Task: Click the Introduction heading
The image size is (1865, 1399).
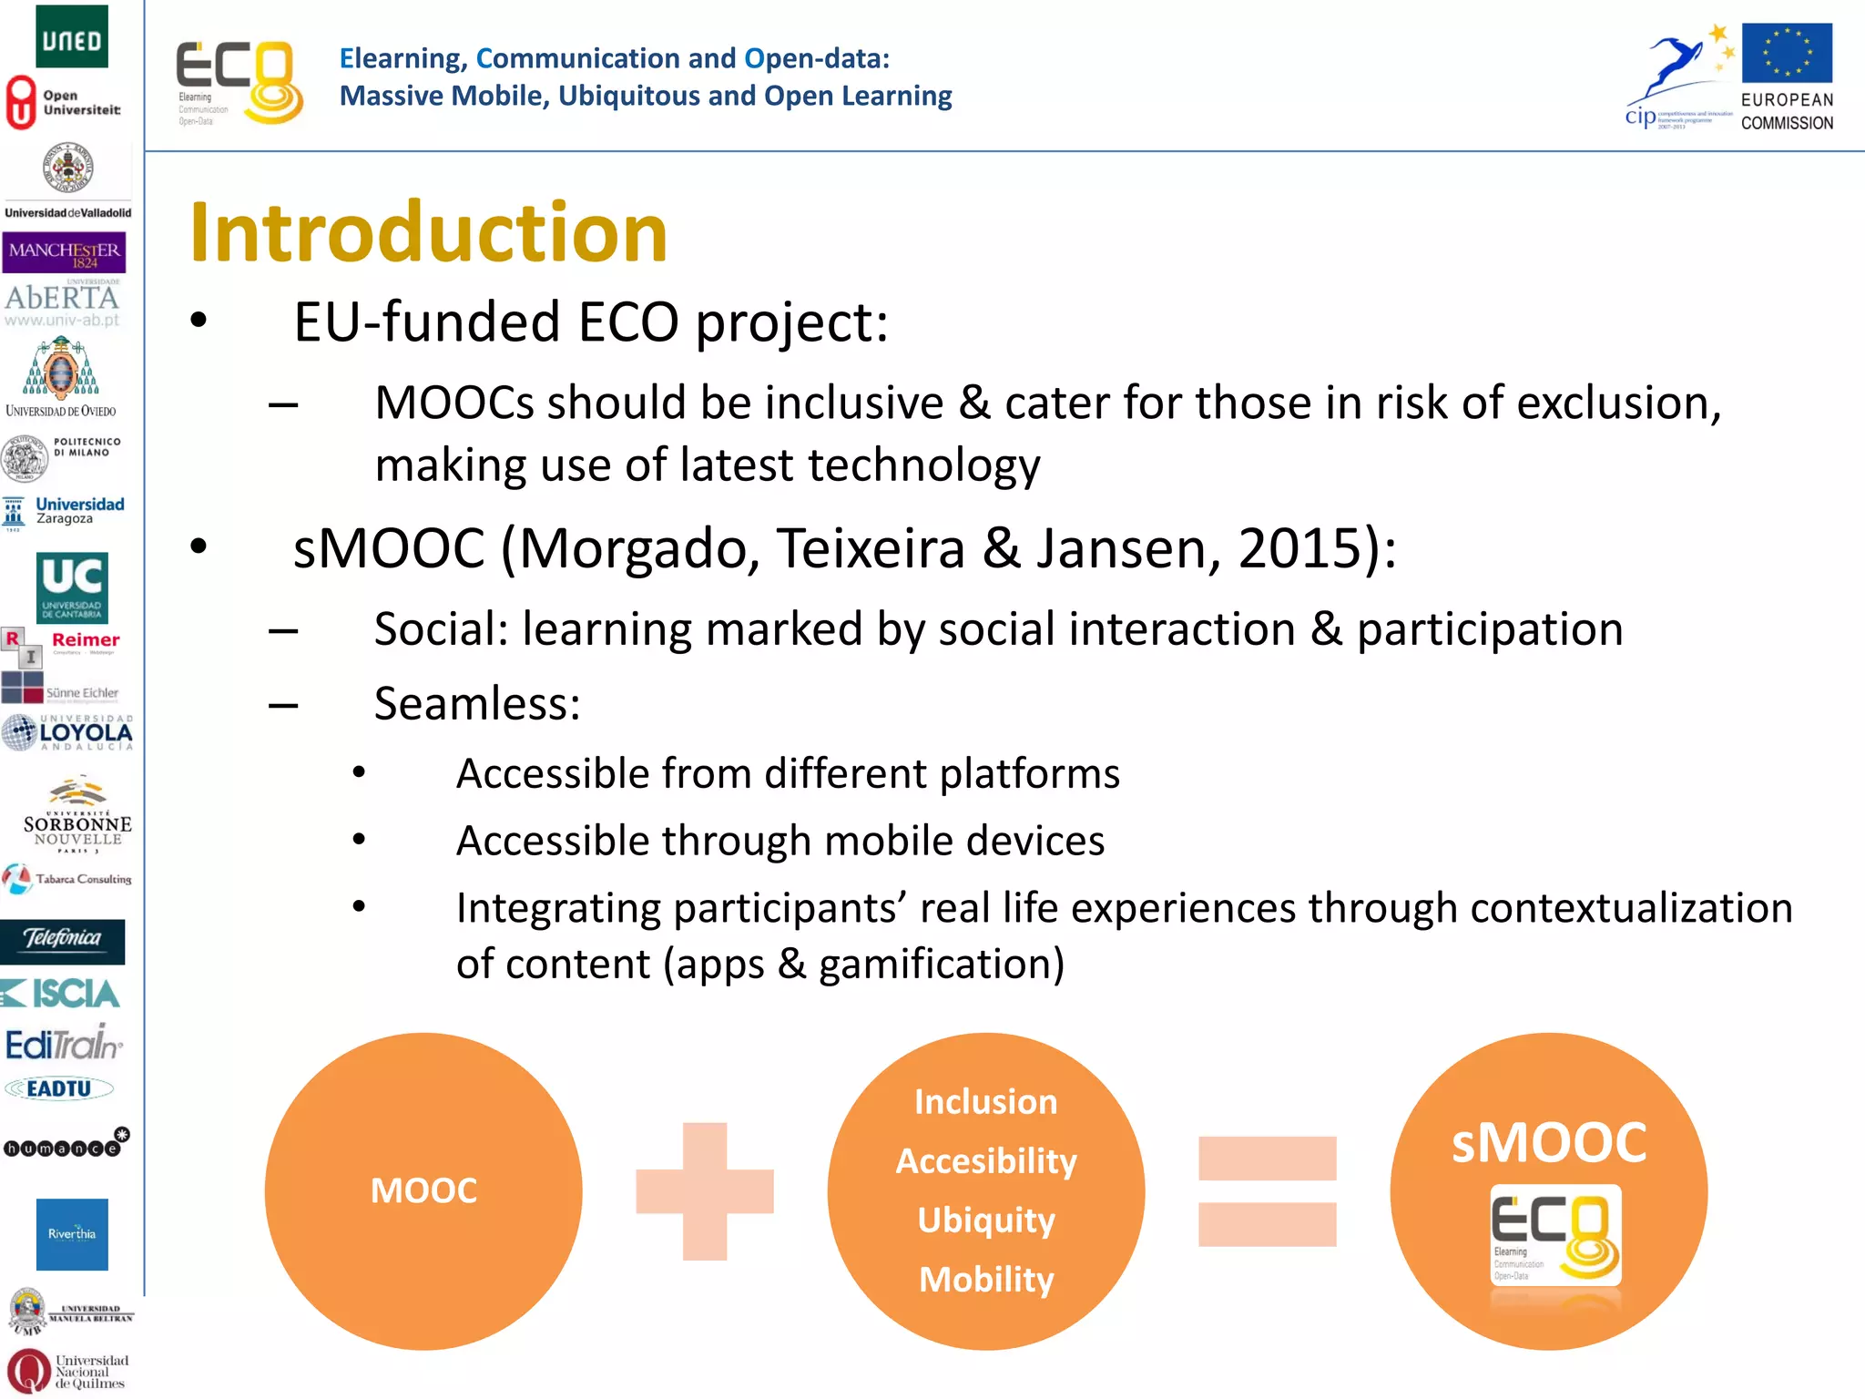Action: pos(428,233)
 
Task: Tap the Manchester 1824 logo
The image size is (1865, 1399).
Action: pos(64,252)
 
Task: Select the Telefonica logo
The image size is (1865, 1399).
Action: pos(63,940)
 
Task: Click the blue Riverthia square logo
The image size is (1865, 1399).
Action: pos(72,1234)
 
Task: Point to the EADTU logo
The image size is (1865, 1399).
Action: pos(59,1088)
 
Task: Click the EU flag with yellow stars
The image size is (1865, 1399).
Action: pos(1787,53)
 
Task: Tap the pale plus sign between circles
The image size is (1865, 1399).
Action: pos(705,1190)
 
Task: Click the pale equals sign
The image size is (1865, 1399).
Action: pos(1267,1190)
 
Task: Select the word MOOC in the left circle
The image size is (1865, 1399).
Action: pos(423,1190)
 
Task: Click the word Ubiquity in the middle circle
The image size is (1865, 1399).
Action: pos(986,1220)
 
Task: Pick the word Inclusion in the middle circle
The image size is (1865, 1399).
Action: pos(986,1102)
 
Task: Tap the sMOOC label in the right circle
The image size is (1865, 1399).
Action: pos(1549,1142)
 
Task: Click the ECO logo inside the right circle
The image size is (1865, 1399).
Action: pos(1555,1235)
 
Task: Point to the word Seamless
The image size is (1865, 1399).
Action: pos(476,703)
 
